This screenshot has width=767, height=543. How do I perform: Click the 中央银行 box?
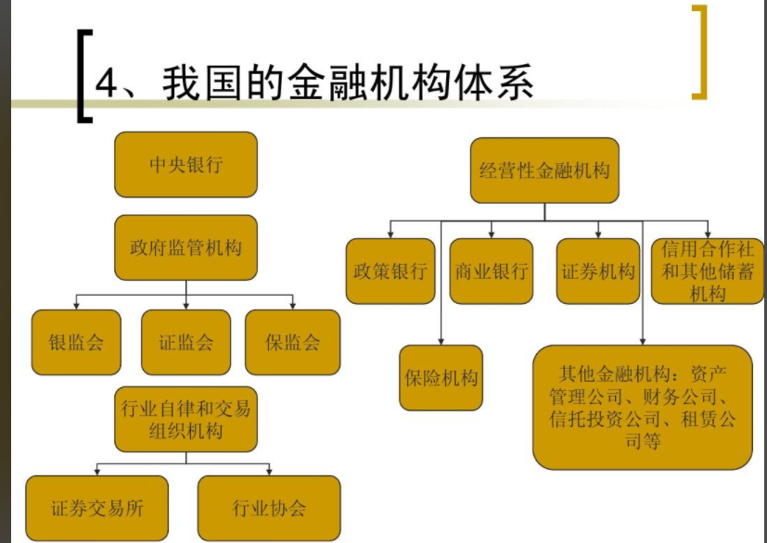point(185,164)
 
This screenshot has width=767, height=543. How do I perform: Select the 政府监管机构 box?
point(185,247)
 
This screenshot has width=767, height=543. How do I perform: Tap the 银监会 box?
point(76,342)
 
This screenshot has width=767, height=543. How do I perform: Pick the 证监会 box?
point(185,342)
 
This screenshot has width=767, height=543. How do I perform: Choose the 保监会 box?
point(292,342)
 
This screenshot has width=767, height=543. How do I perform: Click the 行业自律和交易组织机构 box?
point(185,419)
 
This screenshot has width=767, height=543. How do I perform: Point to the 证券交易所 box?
point(96,508)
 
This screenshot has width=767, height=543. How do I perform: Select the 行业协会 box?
point(269,508)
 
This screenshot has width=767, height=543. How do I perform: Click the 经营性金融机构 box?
point(544,170)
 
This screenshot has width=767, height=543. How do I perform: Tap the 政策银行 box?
point(390,271)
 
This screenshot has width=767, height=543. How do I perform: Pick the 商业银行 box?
point(492,271)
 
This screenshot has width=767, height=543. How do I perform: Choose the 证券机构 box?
point(598,271)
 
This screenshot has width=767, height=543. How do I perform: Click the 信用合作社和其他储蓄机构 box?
point(708,271)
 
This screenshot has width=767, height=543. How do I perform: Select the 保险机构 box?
point(441,377)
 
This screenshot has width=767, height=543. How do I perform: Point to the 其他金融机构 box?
point(642,407)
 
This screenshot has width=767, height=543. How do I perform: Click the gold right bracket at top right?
point(699,52)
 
